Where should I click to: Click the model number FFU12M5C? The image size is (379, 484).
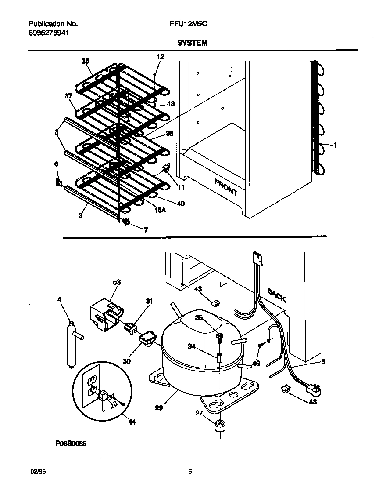(188, 25)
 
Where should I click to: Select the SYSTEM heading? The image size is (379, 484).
(192, 43)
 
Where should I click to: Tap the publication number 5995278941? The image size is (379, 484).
(49, 33)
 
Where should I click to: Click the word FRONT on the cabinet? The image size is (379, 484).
(226, 187)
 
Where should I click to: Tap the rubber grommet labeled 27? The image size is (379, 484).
(219, 426)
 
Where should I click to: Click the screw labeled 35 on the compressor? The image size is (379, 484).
(219, 337)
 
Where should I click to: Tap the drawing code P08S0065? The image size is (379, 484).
(71, 444)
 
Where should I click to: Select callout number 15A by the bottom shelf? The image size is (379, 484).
(161, 210)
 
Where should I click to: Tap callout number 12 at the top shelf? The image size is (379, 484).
(160, 56)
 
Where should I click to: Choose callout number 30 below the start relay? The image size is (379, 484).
(127, 361)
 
